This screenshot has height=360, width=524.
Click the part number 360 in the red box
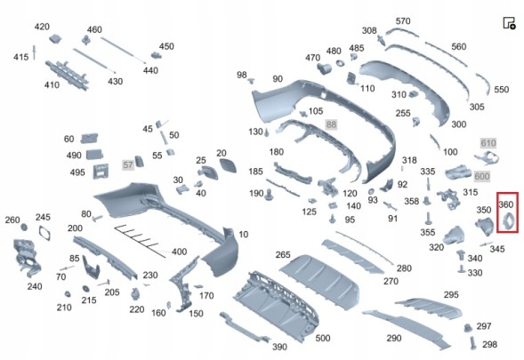[505, 204]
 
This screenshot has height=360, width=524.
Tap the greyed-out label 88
[331, 124]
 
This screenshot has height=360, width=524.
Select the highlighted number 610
[488, 143]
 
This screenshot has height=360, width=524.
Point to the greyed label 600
[482, 176]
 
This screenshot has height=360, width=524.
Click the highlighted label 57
[128, 164]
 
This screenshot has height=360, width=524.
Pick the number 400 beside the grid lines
[179, 252]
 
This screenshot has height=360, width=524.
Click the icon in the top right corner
[509, 23]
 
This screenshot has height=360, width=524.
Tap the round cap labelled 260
[24, 228]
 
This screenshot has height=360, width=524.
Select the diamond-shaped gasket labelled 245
[44, 232]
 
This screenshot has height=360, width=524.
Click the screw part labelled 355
[428, 218]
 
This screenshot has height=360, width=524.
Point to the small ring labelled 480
[341, 63]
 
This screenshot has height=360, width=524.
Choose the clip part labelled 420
[55, 39]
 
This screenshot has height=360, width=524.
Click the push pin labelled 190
[269, 195]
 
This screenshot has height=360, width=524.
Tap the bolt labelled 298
[473, 343]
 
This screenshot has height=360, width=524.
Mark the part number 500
[322, 338]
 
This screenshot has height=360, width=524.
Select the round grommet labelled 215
[85, 288]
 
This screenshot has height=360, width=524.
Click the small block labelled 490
[94, 155]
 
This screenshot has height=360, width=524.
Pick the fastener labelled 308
[382, 40]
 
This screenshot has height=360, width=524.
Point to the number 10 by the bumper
[243, 235]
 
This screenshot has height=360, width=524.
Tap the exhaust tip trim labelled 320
[454, 236]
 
